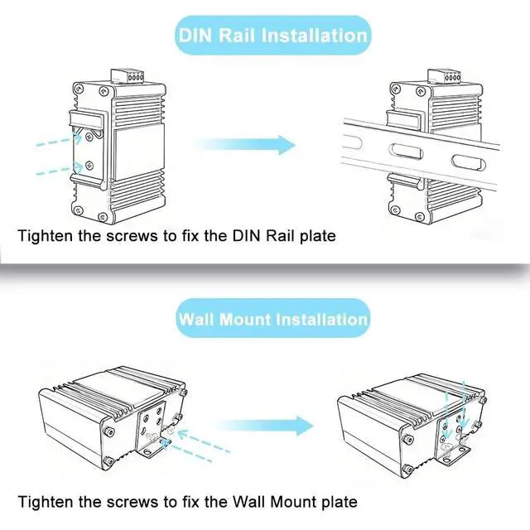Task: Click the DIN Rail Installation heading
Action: [272, 36]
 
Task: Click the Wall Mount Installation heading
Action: [272, 319]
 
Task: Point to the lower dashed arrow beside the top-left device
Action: [58, 171]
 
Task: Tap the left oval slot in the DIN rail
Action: [385, 155]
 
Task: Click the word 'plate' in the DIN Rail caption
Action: [316, 236]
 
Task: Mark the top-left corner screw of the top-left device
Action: [79, 85]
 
